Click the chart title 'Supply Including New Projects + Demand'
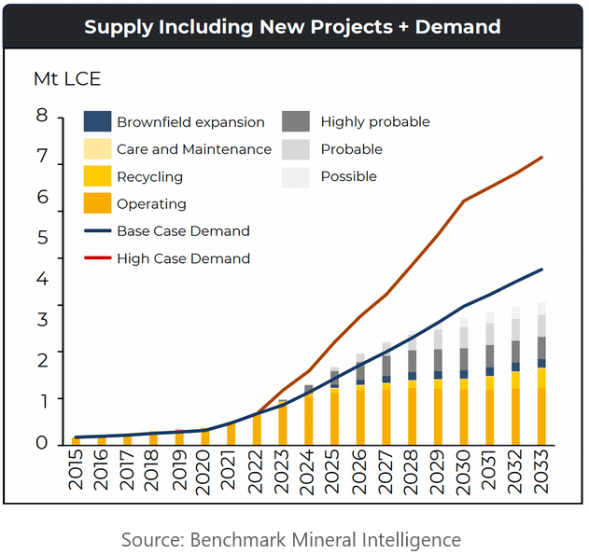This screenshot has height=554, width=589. pyautogui.click(x=292, y=26)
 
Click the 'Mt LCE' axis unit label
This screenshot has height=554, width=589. pyautogui.click(x=66, y=79)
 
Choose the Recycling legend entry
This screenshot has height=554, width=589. pyautogui.click(x=149, y=176)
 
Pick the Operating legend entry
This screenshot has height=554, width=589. pyautogui.click(x=151, y=203)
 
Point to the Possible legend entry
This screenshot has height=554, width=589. pyautogui.click(x=348, y=176)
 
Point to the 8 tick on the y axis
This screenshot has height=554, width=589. pyautogui.click(x=41, y=116)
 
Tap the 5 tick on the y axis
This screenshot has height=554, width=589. pyautogui.click(x=41, y=238)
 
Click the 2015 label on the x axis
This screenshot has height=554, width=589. pyautogui.click(x=77, y=475)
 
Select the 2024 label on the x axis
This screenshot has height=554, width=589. pyautogui.click(x=309, y=475)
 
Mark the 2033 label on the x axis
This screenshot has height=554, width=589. pyautogui.click(x=541, y=475)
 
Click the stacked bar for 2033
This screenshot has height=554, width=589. pyautogui.click(x=541, y=373)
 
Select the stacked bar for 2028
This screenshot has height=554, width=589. pyautogui.click(x=412, y=387)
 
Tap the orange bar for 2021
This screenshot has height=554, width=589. pyautogui.click(x=231, y=434)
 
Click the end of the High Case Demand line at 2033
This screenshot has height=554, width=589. pyautogui.click(x=541, y=158)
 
